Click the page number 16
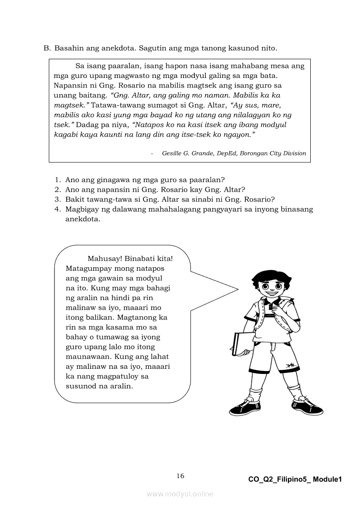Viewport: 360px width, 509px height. coord(180,475)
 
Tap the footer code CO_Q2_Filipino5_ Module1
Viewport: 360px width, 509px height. coord(295,479)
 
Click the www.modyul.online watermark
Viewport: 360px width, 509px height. coord(180,494)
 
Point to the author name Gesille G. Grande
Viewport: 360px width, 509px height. coord(186,153)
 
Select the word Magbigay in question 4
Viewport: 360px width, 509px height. coord(82,209)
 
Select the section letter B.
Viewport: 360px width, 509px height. coord(46,48)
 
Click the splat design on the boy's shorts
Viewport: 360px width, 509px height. coord(290,365)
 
